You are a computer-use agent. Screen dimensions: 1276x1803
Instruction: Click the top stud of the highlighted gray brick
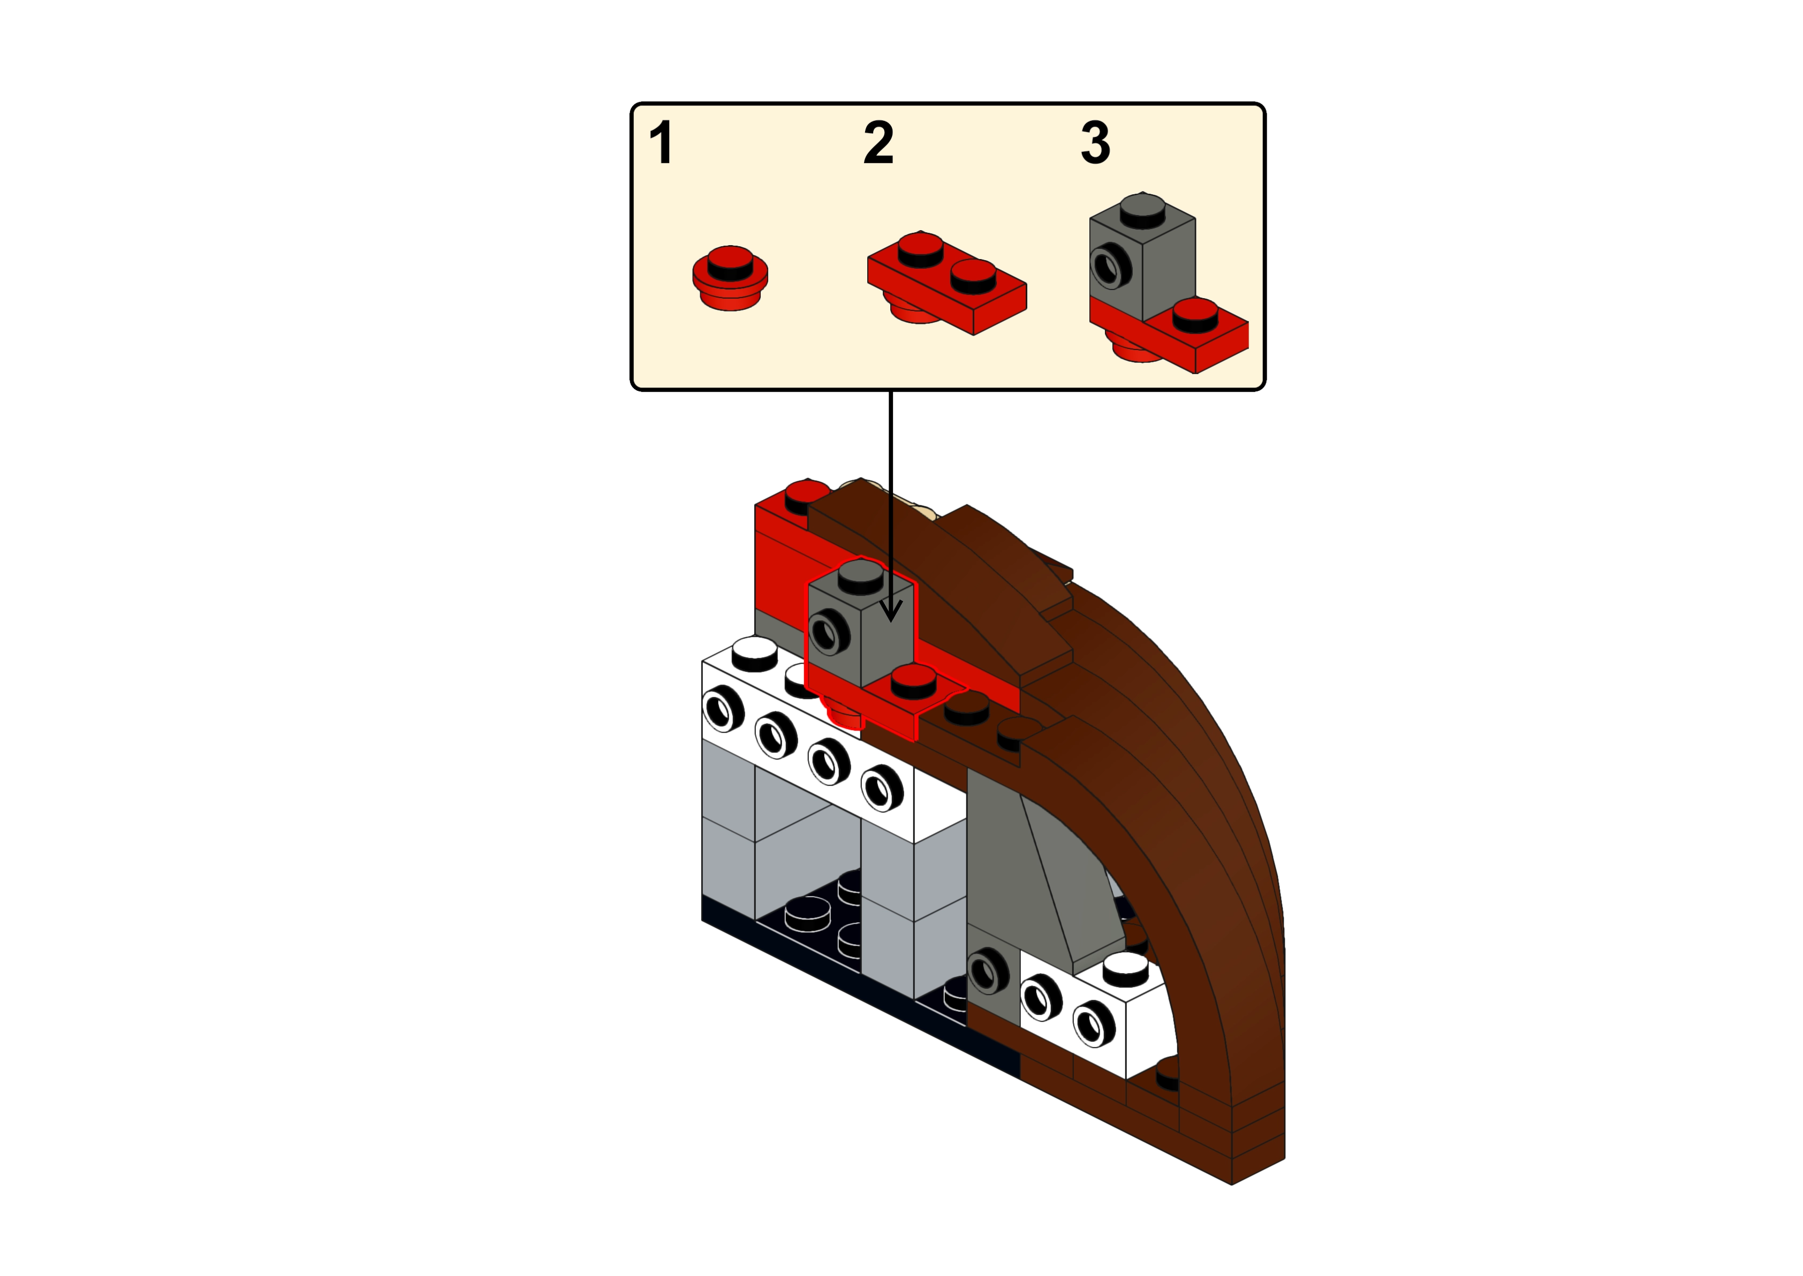[860, 578]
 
